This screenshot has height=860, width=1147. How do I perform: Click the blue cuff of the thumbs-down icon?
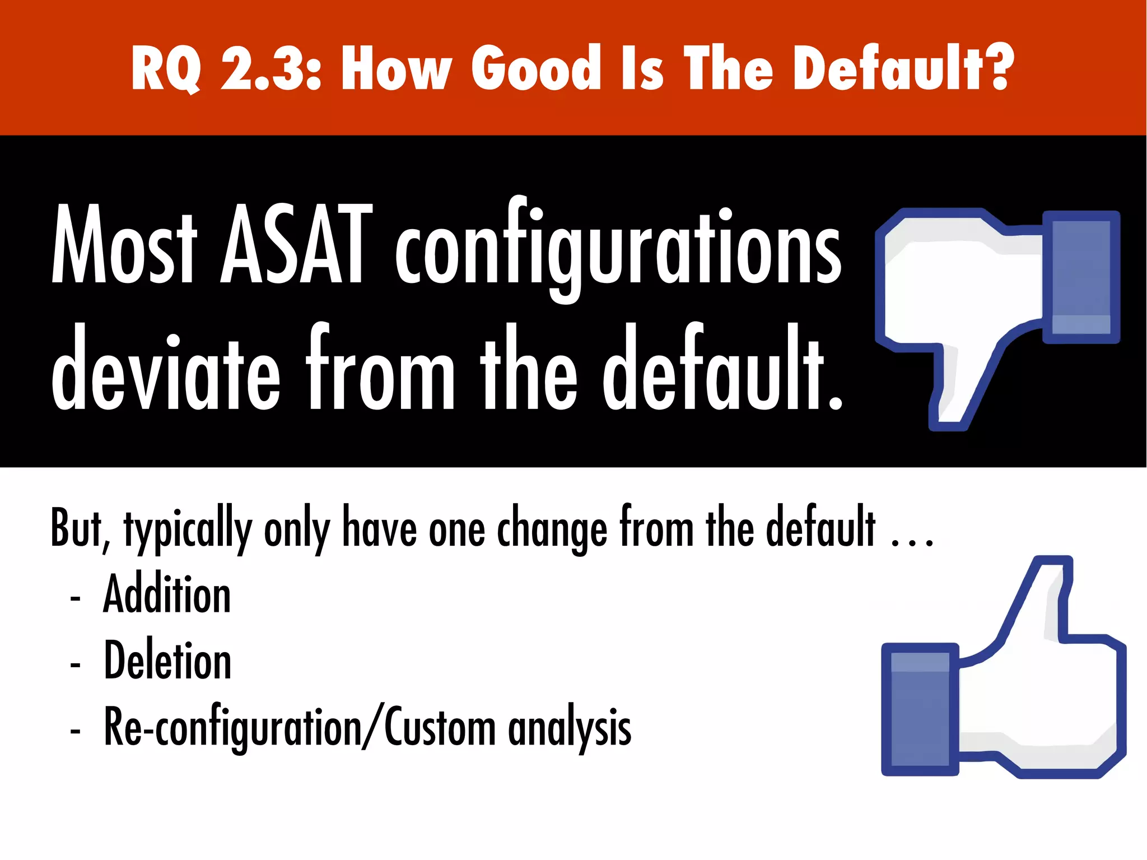point(1081,277)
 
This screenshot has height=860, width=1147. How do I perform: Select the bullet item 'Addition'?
point(167,594)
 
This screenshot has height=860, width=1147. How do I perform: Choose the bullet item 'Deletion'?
point(167,661)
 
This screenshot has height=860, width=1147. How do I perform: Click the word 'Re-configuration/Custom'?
point(300,727)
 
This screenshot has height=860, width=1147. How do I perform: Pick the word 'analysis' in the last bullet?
point(570,728)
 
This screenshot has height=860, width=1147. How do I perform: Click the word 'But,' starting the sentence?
point(79,527)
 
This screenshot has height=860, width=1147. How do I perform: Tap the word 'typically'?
point(188,530)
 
